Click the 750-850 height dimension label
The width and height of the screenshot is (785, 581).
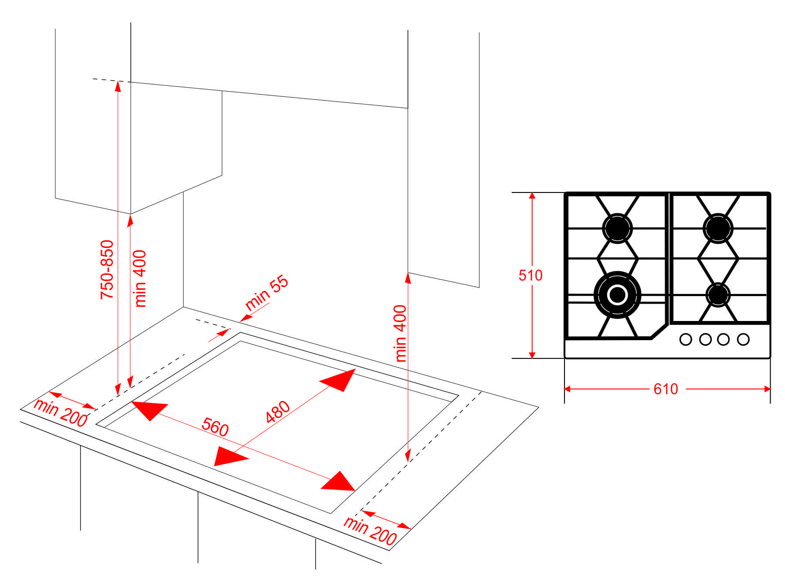107,269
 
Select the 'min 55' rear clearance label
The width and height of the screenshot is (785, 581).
267,292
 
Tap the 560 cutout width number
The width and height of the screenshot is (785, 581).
215,426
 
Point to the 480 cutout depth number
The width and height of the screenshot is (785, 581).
278,412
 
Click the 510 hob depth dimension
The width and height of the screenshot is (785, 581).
530,275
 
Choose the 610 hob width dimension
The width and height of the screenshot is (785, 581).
666,389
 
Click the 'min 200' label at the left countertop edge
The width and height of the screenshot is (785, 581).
61,412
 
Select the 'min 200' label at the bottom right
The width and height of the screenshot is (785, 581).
370,530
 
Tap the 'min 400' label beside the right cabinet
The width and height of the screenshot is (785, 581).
400,333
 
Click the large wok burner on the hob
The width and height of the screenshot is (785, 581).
617,295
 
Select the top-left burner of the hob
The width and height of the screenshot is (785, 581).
617,228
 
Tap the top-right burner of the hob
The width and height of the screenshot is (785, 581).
718,228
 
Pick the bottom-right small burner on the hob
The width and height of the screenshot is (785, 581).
718,295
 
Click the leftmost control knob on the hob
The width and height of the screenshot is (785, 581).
686,339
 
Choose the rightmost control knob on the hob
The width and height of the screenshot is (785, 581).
743,339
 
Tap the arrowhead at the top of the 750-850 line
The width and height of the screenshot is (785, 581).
118,86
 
